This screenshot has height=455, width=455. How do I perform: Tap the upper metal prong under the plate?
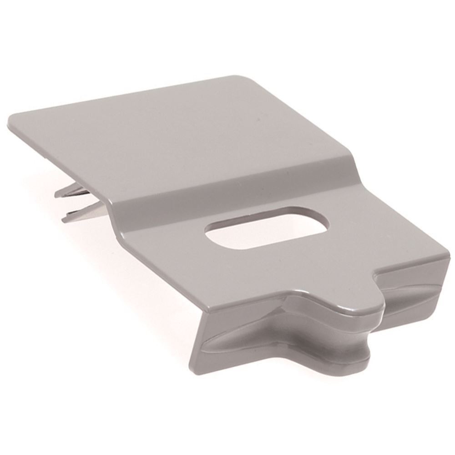point(73,191)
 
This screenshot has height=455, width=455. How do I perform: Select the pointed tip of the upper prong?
point(56,195)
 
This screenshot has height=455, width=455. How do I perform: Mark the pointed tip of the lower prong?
point(63,219)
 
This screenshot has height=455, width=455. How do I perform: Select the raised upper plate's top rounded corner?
point(239,78)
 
